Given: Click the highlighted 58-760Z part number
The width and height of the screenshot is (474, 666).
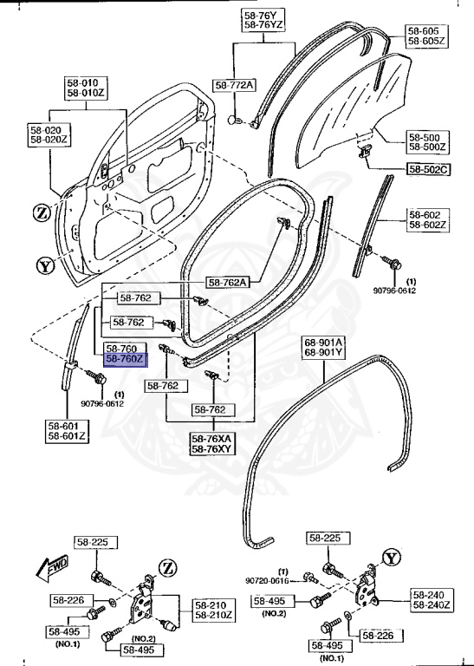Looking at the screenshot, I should [126, 358].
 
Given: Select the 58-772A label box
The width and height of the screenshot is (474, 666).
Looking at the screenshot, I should [234, 85].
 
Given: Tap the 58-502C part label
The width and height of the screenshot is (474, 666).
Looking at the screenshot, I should [426, 168].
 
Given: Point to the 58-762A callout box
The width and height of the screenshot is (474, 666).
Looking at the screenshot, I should [227, 282].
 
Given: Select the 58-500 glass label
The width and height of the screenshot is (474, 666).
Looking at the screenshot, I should [425, 137].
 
